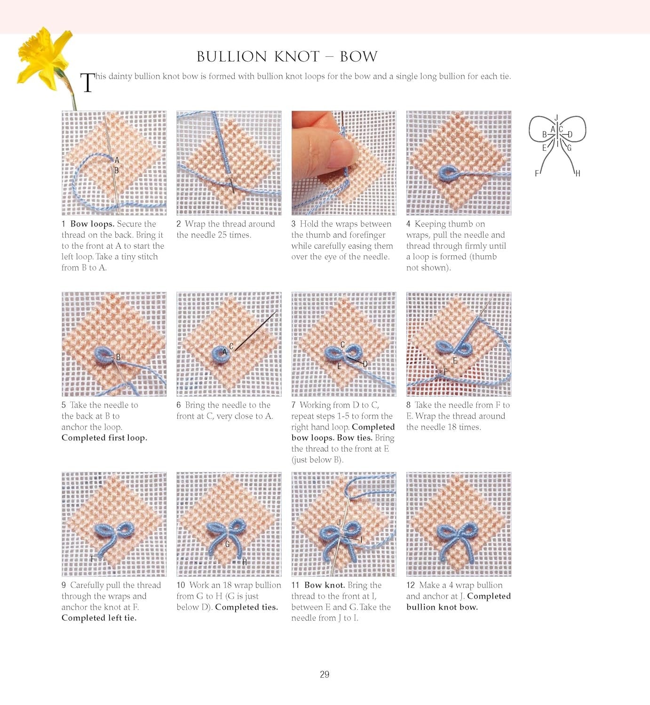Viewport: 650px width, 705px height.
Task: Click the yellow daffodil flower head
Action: tap(43, 56)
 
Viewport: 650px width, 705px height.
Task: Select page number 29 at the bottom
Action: tap(325, 674)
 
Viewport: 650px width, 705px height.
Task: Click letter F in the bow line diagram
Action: tap(537, 173)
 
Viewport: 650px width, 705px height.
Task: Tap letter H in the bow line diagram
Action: tap(578, 173)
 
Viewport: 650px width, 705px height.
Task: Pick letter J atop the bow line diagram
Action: tap(556, 117)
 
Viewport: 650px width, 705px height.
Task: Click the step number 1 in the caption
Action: tap(63, 224)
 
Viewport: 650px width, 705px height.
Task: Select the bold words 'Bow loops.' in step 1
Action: tap(92, 224)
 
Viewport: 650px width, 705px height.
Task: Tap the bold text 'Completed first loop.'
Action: tap(104, 438)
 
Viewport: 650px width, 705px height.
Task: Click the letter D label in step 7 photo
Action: tap(365, 364)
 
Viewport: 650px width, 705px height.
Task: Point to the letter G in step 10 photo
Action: tap(228, 544)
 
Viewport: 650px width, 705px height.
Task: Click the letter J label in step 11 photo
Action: tap(339, 522)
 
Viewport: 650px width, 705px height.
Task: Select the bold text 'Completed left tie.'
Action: tap(99, 618)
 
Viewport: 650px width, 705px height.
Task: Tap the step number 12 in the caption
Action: tap(411, 585)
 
